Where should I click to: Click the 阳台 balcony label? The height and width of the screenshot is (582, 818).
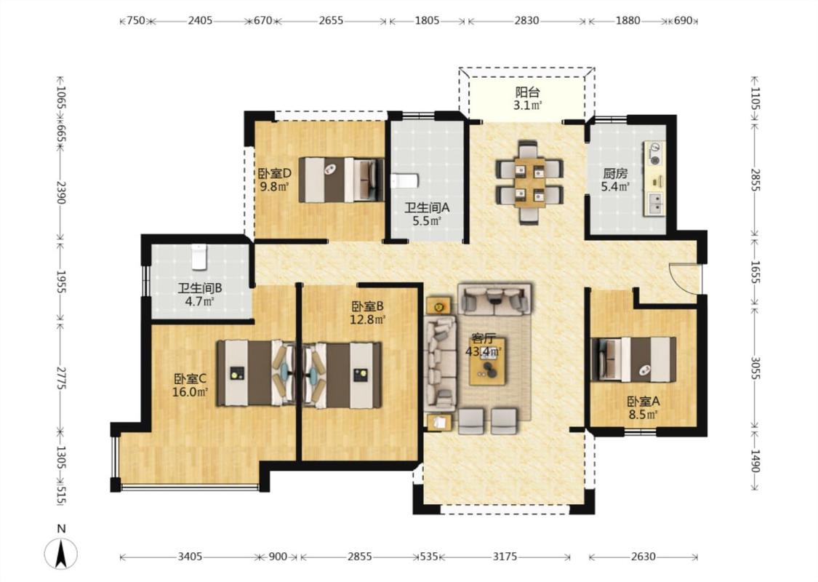(x=527, y=92)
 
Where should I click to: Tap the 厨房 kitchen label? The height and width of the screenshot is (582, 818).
(x=614, y=173)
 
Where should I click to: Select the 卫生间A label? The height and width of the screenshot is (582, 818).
(x=428, y=208)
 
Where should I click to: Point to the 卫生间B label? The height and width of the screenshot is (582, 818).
(x=200, y=288)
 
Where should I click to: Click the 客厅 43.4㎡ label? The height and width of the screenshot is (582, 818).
(x=483, y=345)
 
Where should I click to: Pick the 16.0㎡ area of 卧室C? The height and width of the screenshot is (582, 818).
(x=191, y=391)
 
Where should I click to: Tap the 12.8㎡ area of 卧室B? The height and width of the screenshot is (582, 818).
(x=367, y=319)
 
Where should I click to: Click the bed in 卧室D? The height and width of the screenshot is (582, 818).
(x=341, y=180)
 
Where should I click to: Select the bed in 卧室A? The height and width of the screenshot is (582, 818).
(x=633, y=359)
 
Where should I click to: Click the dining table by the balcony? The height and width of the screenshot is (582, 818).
(x=529, y=182)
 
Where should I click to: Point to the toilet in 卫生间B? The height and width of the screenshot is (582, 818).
(x=199, y=257)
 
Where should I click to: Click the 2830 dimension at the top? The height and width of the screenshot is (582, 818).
(x=527, y=21)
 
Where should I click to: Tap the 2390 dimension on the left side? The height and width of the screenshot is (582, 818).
(x=61, y=193)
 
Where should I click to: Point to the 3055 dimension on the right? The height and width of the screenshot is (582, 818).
(x=755, y=369)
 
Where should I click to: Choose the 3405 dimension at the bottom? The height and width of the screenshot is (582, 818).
(x=190, y=557)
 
